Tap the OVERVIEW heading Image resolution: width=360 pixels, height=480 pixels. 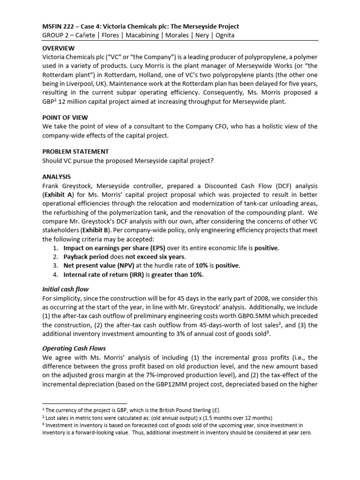pos(60,48)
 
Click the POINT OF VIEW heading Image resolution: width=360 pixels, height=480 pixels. pos(65,117)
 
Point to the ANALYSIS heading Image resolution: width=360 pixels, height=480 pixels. pos(57,177)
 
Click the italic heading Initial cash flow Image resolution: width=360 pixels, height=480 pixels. pos(65,289)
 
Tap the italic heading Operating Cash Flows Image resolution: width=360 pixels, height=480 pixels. pos(74,348)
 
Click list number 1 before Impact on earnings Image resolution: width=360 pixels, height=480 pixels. pos(54,248)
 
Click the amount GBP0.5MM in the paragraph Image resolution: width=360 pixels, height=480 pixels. pos(259,315)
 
